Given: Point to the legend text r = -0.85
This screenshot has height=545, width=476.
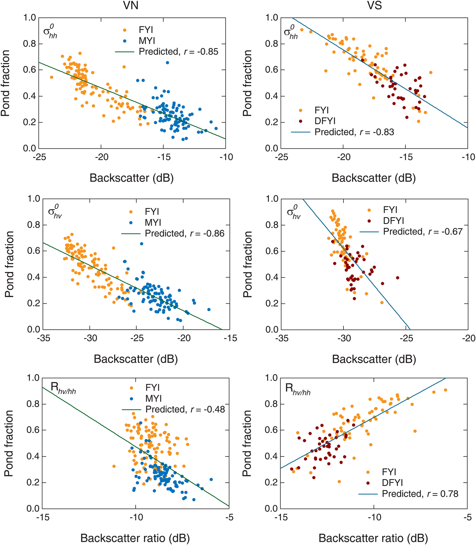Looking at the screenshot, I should coord(201,52).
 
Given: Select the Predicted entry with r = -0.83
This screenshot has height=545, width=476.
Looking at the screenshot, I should coord(354,132).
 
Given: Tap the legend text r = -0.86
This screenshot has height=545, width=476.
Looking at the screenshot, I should coord(207,234).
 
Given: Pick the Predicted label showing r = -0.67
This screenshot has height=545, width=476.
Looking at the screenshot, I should coord(423,232).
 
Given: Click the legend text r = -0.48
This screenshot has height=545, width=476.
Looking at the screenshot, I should coord(207,409).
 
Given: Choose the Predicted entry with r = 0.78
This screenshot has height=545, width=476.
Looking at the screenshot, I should coord(420,494).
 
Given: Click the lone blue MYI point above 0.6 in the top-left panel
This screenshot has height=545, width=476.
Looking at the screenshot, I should coord(168,63).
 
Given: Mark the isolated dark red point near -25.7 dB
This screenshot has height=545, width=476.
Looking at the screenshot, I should coord(397,278).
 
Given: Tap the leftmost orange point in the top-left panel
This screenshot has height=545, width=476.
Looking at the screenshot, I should coord(52,77).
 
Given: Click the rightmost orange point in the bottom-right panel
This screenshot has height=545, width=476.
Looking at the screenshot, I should coord(445,390).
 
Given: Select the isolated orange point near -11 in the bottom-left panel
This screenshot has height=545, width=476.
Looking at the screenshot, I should coord(114,466).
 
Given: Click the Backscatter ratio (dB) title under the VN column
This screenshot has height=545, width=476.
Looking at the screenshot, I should coord(135,538).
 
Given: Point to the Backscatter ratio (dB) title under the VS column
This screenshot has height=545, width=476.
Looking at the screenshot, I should coord(373,538).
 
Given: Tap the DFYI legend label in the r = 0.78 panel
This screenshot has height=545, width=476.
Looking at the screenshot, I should coord(392,483).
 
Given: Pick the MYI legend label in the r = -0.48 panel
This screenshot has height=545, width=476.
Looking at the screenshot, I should coord(154,398).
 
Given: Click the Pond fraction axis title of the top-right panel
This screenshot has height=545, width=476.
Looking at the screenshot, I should coord(247,83).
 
